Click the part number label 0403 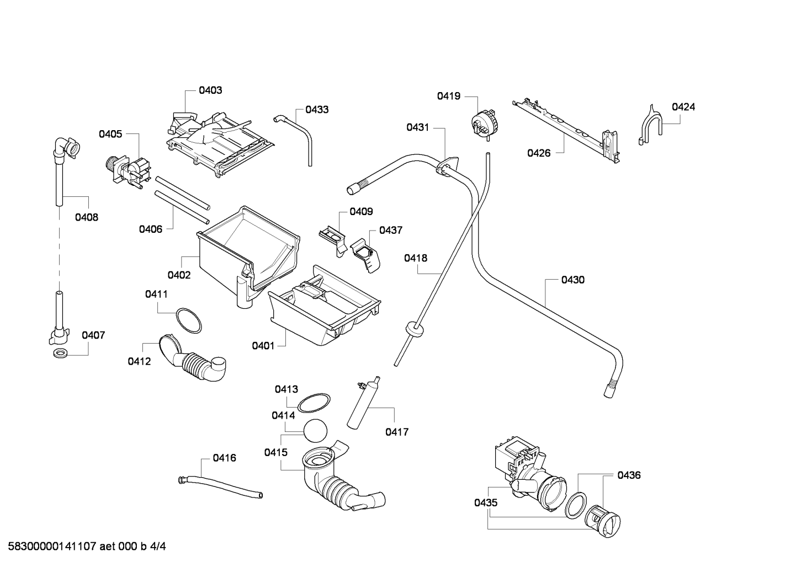tap(210, 90)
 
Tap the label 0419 tap(448, 96)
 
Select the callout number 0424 tap(683, 107)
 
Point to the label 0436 tap(629, 475)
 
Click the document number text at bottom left tap(87, 546)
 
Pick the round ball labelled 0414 tap(315, 431)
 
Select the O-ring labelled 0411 tap(189, 320)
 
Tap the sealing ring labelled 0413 tap(314, 403)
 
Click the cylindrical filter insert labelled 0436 tap(603, 521)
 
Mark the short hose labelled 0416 tap(220, 487)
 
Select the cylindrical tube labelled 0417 tap(363, 403)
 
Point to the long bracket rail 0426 tap(566, 131)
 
